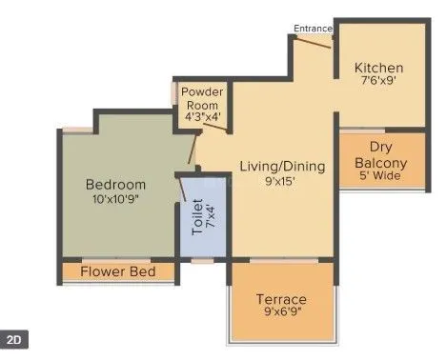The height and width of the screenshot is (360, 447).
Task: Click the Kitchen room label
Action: coord(378,69)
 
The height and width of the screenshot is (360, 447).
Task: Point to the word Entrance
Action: coord(313,29)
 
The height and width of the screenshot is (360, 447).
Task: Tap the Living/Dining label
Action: coord(282,165)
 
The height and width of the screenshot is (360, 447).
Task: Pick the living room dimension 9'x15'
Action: coord(282,180)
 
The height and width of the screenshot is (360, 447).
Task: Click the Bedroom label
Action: coord(115,184)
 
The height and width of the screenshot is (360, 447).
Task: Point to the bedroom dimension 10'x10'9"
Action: coord(115,200)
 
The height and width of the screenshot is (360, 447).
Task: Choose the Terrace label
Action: coord(281,299)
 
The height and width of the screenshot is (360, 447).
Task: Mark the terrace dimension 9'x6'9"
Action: coord(281,314)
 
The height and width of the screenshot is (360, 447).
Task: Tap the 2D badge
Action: coord(14,339)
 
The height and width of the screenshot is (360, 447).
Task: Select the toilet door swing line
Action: coord(182,189)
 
